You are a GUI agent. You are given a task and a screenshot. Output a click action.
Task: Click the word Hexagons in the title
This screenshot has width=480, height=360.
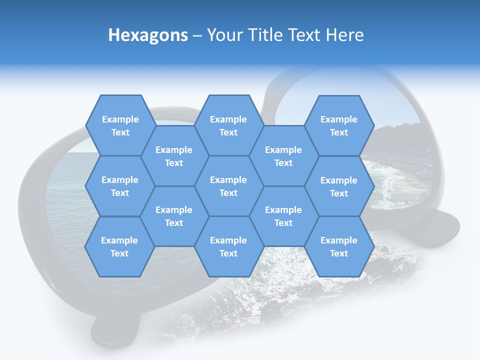pyautogui.click(x=148, y=35)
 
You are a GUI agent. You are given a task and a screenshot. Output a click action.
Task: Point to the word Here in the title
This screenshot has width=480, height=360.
pyautogui.click(x=344, y=35)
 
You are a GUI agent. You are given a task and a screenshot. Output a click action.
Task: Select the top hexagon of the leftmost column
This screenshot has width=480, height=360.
pyautogui.click(x=120, y=125)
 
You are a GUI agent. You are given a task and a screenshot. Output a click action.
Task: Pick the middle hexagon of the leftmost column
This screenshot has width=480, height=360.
pyautogui.click(x=120, y=186)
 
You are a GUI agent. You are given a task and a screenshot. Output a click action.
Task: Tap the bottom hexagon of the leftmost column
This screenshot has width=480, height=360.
pyautogui.click(x=119, y=246)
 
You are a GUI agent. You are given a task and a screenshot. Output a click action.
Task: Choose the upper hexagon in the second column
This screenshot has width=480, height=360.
pyautogui.click(x=174, y=156)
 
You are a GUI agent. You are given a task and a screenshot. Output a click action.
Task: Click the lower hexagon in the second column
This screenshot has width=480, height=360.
pyautogui.click(x=174, y=216)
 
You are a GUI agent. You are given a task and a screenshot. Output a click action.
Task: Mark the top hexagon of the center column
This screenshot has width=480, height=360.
pyautogui.click(x=228, y=125)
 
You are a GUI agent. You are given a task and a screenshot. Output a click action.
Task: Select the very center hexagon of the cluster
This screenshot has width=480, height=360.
pyautogui.click(x=228, y=186)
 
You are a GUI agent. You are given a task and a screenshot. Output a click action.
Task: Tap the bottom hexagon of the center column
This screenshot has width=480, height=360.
pyautogui.click(x=228, y=246)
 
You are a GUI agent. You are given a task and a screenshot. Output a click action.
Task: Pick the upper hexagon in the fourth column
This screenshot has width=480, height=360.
pyautogui.click(x=283, y=156)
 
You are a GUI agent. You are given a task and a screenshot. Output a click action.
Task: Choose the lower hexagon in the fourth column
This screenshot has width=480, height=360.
pyautogui.click(x=283, y=216)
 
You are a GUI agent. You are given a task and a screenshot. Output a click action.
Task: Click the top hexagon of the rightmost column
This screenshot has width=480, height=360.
pyautogui.click(x=339, y=125)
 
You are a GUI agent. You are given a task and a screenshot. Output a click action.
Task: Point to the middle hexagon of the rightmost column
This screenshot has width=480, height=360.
pyautogui.click(x=339, y=186)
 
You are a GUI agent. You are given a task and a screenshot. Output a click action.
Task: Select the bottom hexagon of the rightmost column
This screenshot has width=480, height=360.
pyautogui.click(x=339, y=246)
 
